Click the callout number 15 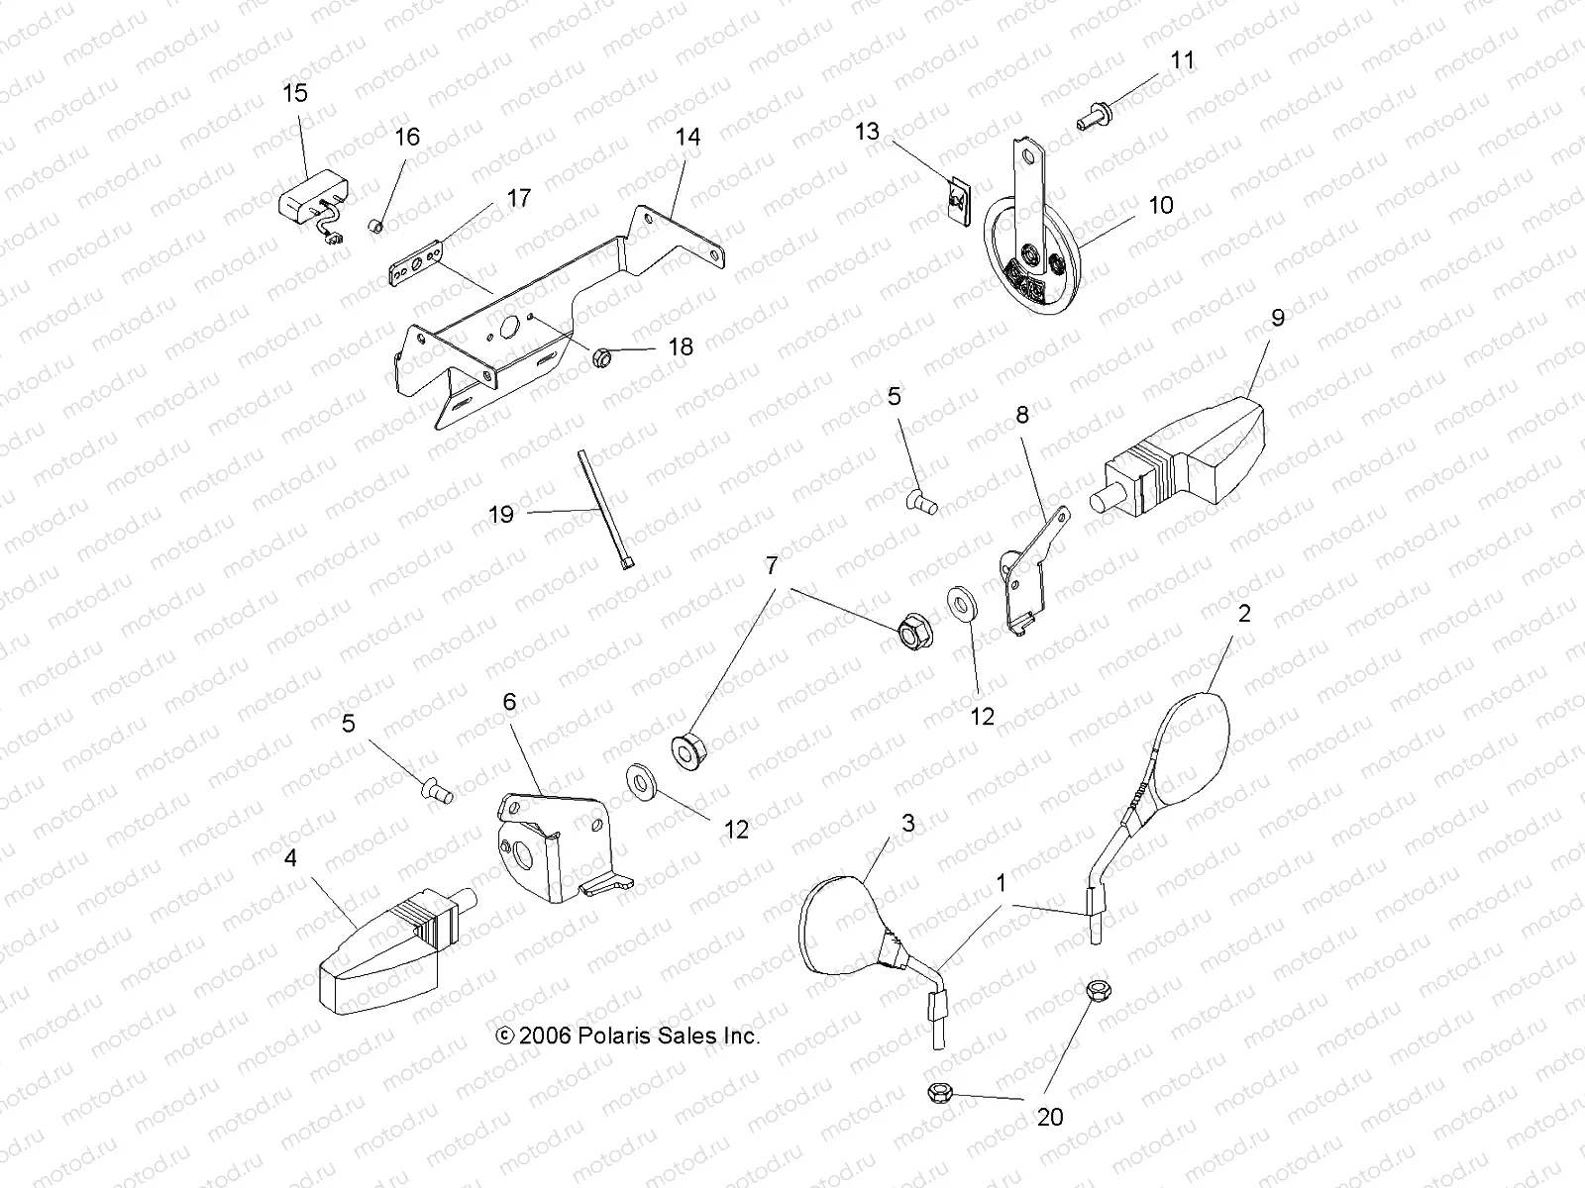pos(295,93)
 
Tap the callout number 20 pos(1050,1117)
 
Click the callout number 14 pos(687,137)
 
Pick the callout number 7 pos(772,567)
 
